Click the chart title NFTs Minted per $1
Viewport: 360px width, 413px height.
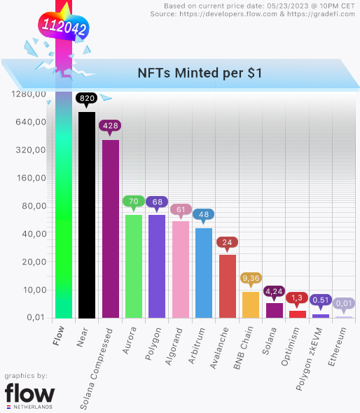coord(200,73)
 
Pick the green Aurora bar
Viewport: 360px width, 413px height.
coord(134,266)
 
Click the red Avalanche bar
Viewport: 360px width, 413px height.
coord(228,286)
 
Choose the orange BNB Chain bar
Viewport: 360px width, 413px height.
coord(251,304)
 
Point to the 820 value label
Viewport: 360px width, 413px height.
coord(87,99)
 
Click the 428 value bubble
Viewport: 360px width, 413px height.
coord(111,126)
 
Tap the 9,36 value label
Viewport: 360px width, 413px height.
coord(251,278)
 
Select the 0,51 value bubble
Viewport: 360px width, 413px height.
coord(321,300)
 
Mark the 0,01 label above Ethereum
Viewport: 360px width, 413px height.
coord(344,303)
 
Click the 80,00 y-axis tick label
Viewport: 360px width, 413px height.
coord(32,206)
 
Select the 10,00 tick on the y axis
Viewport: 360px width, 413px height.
coord(32,290)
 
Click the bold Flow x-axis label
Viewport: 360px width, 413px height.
coord(59,336)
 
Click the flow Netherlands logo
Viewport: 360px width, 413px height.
coord(29,395)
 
